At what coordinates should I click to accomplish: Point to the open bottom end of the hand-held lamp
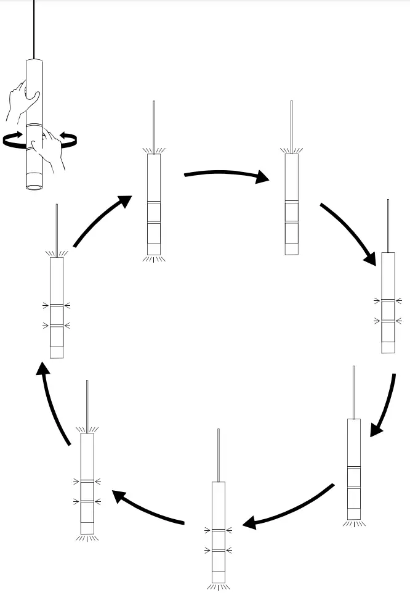pos(34,184)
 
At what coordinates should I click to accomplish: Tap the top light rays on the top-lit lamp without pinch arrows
pos(291,150)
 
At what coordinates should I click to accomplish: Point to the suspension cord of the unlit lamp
pos(388,225)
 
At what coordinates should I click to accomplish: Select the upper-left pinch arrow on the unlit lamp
pos(378,300)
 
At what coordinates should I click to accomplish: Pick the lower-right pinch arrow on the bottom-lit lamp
pos(230,549)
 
